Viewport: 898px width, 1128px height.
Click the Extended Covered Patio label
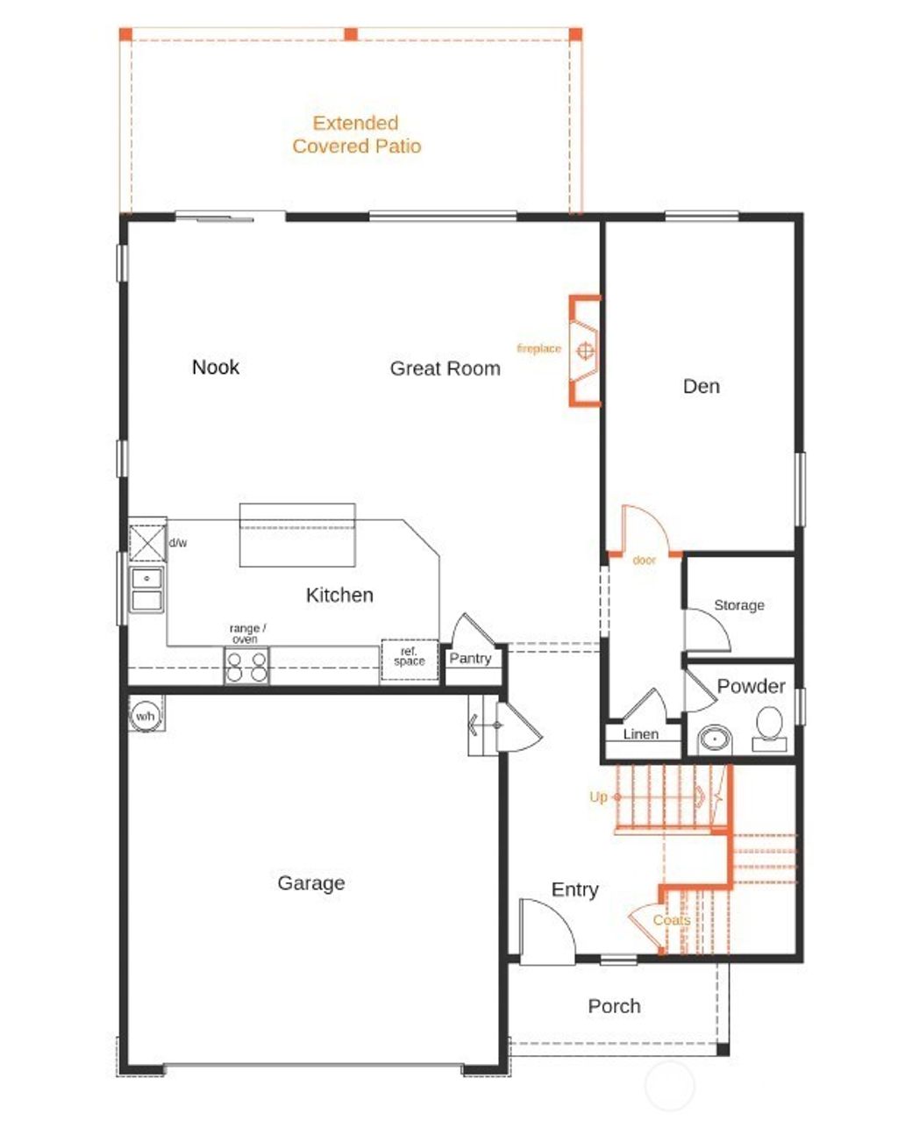pyautogui.click(x=356, y=135)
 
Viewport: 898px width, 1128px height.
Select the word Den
pyautogui.click(x=701, y=386)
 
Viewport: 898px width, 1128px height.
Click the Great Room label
pyautogui.click(x=445, y=368)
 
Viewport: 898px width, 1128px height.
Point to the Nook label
pyautogui.click(x=216, y=367)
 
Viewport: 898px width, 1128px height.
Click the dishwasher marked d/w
pyautogui.click(x=147, y=542)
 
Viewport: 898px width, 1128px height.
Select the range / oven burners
pyautogui.click(x=246, y=668)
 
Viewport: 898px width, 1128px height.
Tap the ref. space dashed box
pyautogui.click(x=409, y=660)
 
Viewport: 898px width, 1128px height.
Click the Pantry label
pyautogui.click(x=470, y=659)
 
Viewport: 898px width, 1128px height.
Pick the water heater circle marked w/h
pyautogui.click(x=144, y=716)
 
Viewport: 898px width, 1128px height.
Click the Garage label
pyautogui.click(x=310, y=883)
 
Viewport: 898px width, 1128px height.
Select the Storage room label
pyautogui.click(x=738, y=605)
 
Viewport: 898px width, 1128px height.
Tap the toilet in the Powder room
pyautogui.click(x=769, y=727)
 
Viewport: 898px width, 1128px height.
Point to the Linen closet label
pyautogui.click(x=640, y=734)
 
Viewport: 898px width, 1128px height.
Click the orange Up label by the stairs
pyautogui.click(x=598, y=797)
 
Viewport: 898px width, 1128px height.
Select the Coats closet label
pyautogui.click(x=671, y=920)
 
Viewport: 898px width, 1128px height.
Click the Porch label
pyautogui.click(x=614, y=1006)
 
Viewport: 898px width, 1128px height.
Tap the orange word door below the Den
pyautogui.click(x=644, y=560)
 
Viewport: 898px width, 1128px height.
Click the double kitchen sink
pyautogui.click(x=146, y=589)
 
